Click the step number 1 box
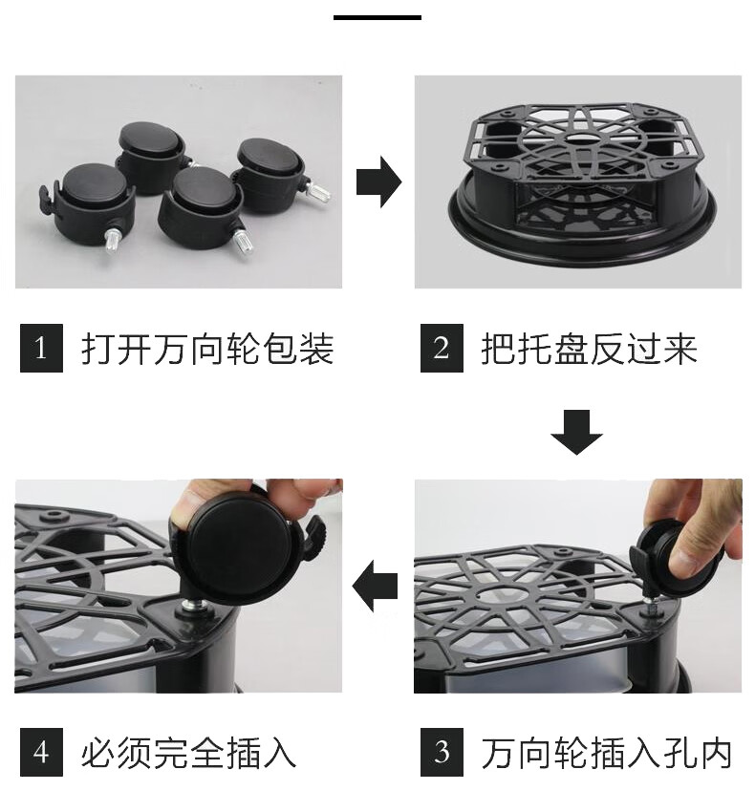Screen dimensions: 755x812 (41, 348)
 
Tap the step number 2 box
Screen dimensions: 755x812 (442, 348)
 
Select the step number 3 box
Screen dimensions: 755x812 (442, 752)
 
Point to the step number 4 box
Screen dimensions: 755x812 (41, 752)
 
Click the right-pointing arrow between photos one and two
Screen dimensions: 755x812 (378, 182)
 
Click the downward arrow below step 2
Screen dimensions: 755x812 (576, 432)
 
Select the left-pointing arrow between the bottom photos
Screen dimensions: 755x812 (375, 587)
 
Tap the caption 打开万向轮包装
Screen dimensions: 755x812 (207, 349)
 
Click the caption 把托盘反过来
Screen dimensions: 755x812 (589, 349)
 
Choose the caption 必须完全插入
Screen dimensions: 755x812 (188, 753)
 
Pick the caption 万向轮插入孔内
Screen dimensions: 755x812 (607, 753)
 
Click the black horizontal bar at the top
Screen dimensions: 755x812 (377, 17)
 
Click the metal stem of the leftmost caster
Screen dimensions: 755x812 (113, 242)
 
